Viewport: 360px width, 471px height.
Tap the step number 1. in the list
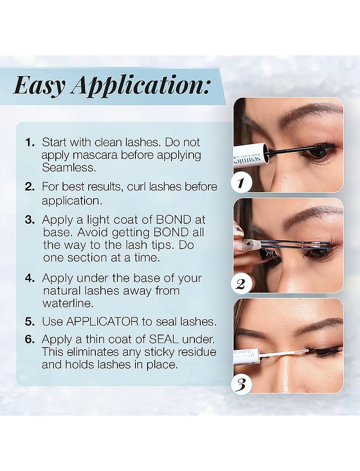pyautogui.click(x=30, y=142)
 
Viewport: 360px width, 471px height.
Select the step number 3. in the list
pyautogui.click(x=30, y=220)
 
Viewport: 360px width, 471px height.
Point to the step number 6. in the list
pyautogui.click(x=30, y=339)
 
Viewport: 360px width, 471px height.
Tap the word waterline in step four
pyautogui.click(x=68, y=303)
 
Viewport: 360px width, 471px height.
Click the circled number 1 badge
pyautogui.click(x=240, y=183)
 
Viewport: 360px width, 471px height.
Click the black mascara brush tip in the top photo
pyautogui.click(x=323, y=147)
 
